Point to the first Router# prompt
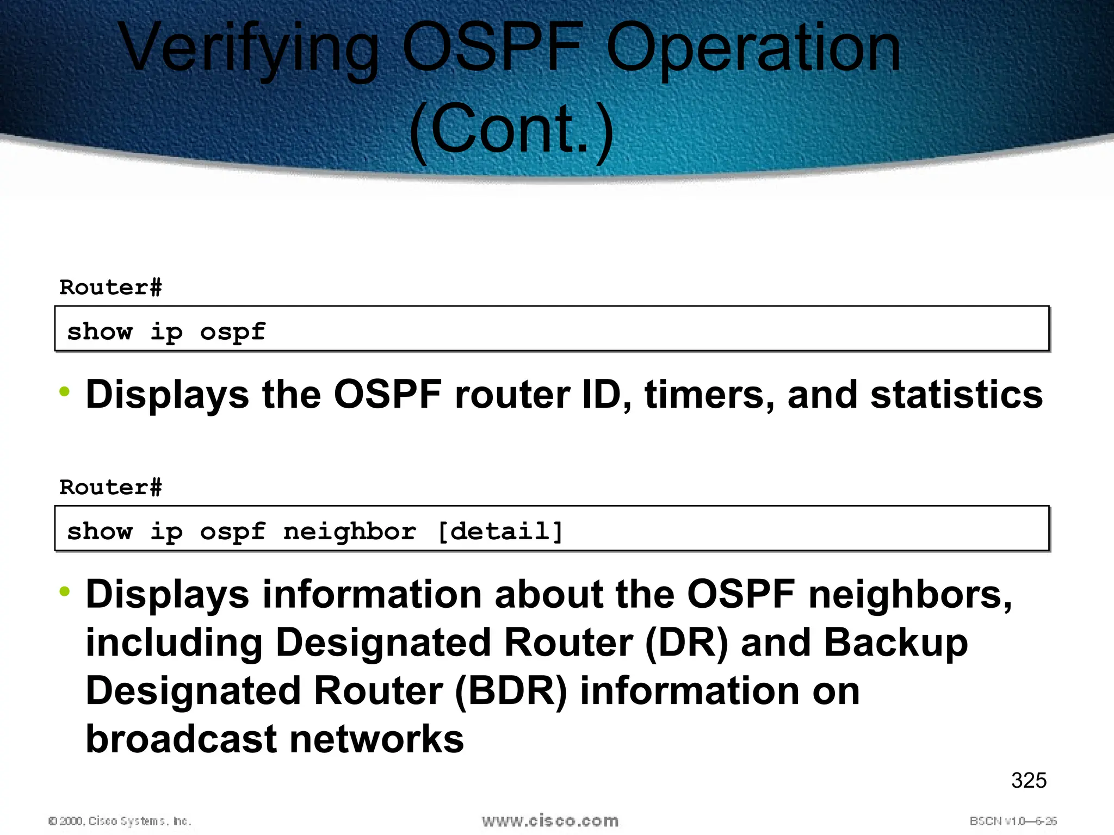click(x=110, y=287)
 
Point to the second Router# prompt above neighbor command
click(x=110, y=487)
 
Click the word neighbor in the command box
click(x=350, y=531)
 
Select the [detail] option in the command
click(x=500, y=531)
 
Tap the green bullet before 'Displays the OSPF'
click(x=65, y=391)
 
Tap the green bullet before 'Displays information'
click(x=65, y=591)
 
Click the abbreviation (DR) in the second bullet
click(x=686, y=643)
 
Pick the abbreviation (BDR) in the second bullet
click(x=511, y=691)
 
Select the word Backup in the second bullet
click(x=895, y=643)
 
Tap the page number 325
click(x=1029, y=781)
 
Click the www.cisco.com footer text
click(x=550, y=820)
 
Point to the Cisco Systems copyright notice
click(x=120, y=821)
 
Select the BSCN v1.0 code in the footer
click(x=1013, y=821)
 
